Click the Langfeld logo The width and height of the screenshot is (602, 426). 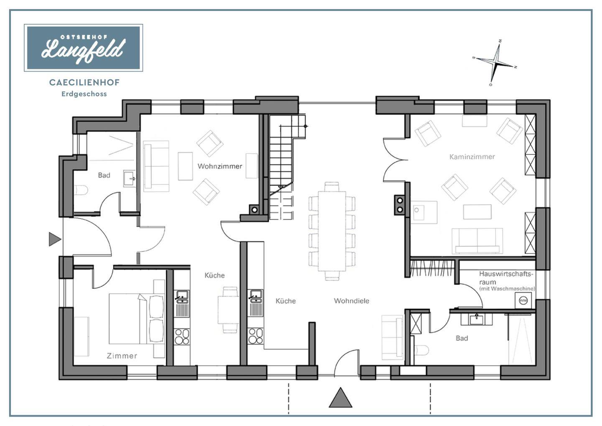point(83,48)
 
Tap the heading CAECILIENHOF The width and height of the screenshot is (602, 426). point(84,82)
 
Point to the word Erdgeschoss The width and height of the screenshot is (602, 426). point(84,94)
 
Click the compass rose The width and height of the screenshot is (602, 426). point(495,63)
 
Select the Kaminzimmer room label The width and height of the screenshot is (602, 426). point(472,157)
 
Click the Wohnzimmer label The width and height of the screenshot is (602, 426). point(220,166)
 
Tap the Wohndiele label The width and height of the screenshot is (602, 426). point(352,301)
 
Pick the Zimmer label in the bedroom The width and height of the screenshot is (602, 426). point(122,356)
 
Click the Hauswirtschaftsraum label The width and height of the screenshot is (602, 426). point(506,278)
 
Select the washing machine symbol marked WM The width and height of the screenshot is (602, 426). point(523,300)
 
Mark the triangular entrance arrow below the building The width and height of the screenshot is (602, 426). point(340,398)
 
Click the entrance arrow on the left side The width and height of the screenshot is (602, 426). point(55,239)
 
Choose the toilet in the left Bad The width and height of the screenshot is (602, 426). point(81,190)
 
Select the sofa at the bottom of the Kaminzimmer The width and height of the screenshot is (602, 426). point(477,241)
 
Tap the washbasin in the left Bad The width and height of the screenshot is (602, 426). point(130,178)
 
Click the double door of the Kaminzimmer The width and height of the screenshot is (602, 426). point(395,160)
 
